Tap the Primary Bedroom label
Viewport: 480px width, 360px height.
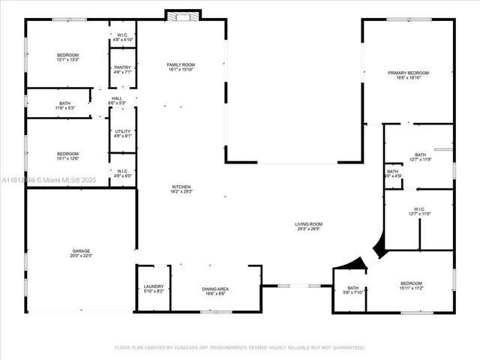pos(408,76)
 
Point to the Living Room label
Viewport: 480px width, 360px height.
pos(307,226)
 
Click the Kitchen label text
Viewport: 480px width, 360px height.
pos(181,189)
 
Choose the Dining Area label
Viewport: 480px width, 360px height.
pos(215,291)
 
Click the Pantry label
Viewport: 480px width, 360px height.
pos(122,70)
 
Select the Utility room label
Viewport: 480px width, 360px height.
pos(122,133)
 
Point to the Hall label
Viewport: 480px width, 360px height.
pos(117,100)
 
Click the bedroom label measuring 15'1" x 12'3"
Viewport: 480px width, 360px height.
pos(67,58)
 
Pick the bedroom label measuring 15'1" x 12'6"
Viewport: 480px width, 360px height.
pos(67,156)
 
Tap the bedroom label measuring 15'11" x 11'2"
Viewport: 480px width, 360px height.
pos(411,286)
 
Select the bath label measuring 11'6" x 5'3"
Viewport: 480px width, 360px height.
pos(65,106)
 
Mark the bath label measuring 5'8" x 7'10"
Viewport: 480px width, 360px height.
pos(352,291)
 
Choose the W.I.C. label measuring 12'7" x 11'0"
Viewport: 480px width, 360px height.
pos(419,212)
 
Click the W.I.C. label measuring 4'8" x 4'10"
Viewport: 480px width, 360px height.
pos(122,37)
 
